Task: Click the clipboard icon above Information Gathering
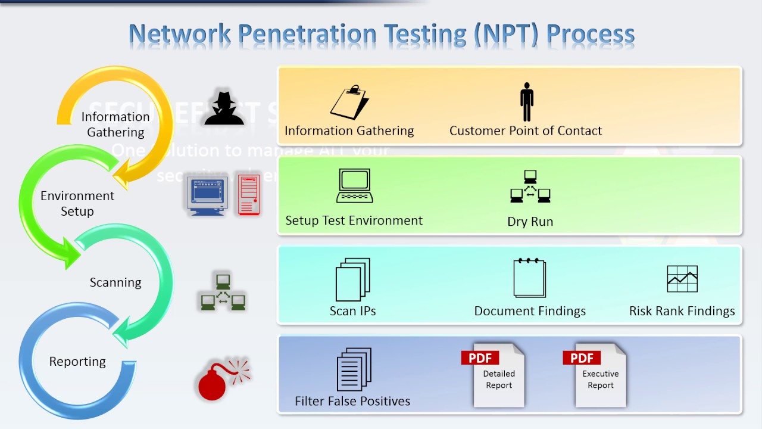tap(349, 102)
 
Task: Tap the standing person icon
tap(526, 102)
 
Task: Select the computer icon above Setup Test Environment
tap(355, 186)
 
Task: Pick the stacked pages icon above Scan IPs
tap(353, 279)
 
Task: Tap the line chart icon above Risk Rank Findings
tap(682, 279)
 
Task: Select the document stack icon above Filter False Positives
tap(354, 369)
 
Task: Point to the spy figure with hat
tap(224, 108)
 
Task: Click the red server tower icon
tap(249, 194)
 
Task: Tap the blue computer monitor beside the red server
tap(207, 195)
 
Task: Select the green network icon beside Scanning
tap(223, 291)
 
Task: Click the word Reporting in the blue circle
tap(77, 362)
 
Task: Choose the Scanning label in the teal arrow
tap(115, 282)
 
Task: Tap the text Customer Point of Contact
tap(526, 131)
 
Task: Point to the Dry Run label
tap(530, 222)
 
